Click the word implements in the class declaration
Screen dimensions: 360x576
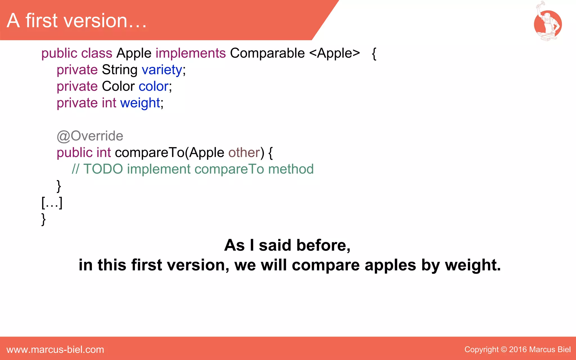tap(190, 53)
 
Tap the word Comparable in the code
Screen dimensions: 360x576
tap(267, 53)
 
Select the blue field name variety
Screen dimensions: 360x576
tap(162, 70)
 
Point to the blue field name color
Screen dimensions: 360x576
tap(154, 86)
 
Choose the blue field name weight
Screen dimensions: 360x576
tap(140, 103)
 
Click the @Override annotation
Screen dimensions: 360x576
tap(90, 136)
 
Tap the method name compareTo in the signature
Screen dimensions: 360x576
tap(149, 153)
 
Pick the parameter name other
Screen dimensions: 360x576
tap(244, 153)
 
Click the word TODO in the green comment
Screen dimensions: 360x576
tap(103, 169)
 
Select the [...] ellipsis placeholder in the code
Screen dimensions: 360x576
tap(52, 202)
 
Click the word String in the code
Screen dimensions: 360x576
tap(120, 70)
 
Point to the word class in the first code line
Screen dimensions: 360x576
tap(97, 53)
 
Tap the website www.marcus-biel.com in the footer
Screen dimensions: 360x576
tap(55, 350)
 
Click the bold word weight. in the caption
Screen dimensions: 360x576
tap(473, 265)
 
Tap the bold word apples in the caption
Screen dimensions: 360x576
tap(390, 265)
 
